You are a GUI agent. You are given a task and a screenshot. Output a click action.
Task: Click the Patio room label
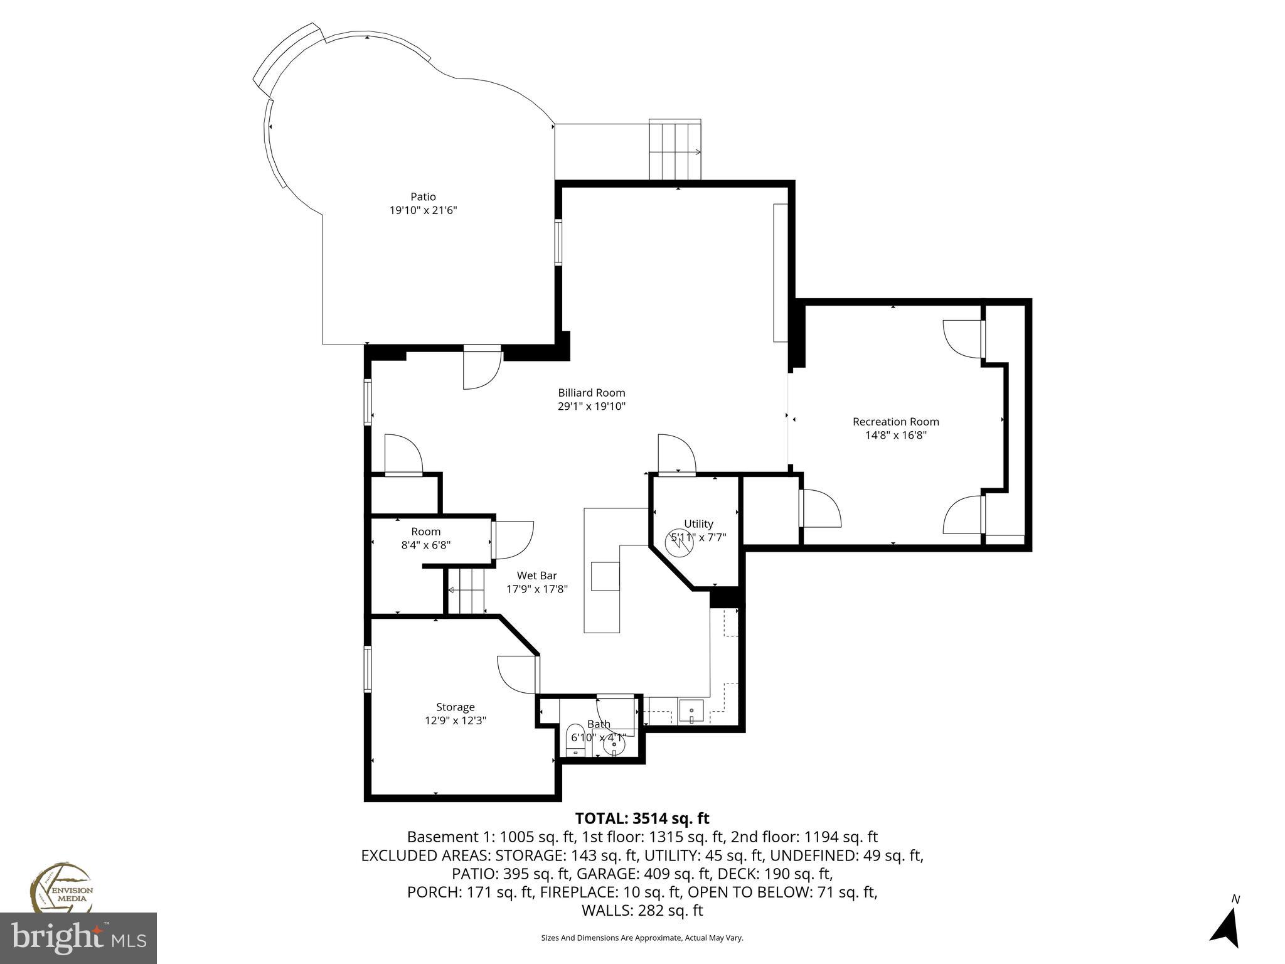coord(423,197)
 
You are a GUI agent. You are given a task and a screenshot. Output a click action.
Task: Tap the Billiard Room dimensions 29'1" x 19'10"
coord(592,406)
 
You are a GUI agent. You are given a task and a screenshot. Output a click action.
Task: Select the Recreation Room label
coord(895,422)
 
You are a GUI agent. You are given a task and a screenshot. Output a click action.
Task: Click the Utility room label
coord(698,524)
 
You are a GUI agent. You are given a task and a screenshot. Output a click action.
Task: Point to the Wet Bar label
coord(536,576)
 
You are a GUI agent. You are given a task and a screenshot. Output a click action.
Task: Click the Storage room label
coord(456,707)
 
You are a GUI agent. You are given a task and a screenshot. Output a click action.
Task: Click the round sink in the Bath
coord(614,745)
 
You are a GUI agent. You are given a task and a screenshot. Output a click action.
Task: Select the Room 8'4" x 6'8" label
coord(426,532)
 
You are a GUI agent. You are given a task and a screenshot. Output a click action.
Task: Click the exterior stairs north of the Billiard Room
coord(674,151)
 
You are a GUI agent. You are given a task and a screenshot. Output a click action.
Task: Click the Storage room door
coord(519,674)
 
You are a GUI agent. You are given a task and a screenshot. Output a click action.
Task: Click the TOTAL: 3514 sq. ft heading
coord(642,818)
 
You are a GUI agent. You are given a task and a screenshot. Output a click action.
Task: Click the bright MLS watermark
coord(78,938)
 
